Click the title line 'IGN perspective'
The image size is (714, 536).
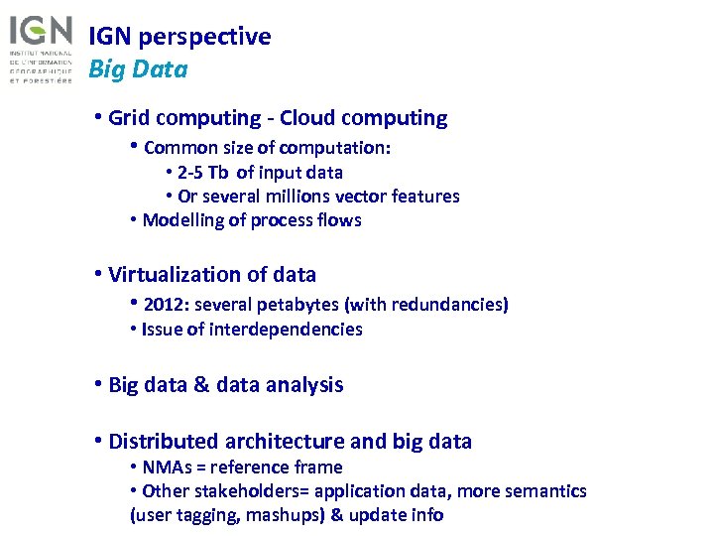(x=179, y=37)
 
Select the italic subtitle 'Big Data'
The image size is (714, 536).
(x=138, y=69)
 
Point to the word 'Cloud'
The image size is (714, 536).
(x=308, y=118)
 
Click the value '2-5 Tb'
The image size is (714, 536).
(x=203, y=172)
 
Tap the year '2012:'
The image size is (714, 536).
(x=168, y=305)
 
